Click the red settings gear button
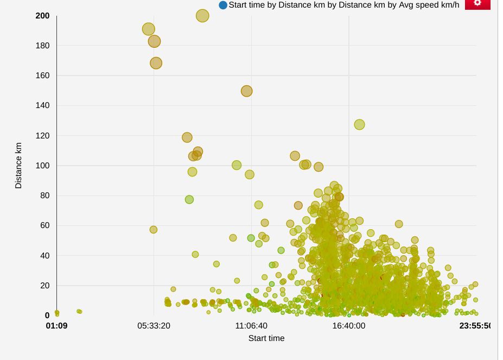click(x=477, y=3)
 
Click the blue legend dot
click(x=223, y=5)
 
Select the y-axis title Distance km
click(x=18, y=166)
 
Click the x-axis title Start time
click(x=266, y=338)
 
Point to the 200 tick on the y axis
click(x=43, y=16)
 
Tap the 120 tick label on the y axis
click(x=43, y=135)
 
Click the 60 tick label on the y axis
click(x=45, y=225)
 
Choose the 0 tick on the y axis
click(x=47, y=315)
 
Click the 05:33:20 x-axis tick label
click(x=154, y=326)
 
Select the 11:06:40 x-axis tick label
click(x=251, y=326)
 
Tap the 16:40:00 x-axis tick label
click(x=348, y=326)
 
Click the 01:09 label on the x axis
click(x=56, y=326)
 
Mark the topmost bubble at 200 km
click(x=202, y=16)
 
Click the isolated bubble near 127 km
click(x=359, y=124)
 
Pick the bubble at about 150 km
click(x=247, y=91)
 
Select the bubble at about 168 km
click(x=156, y=63)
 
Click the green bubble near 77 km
click(x=189, y=199)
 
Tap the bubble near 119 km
click(x=187, y=137)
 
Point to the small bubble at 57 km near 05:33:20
click(x=154, y=230)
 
